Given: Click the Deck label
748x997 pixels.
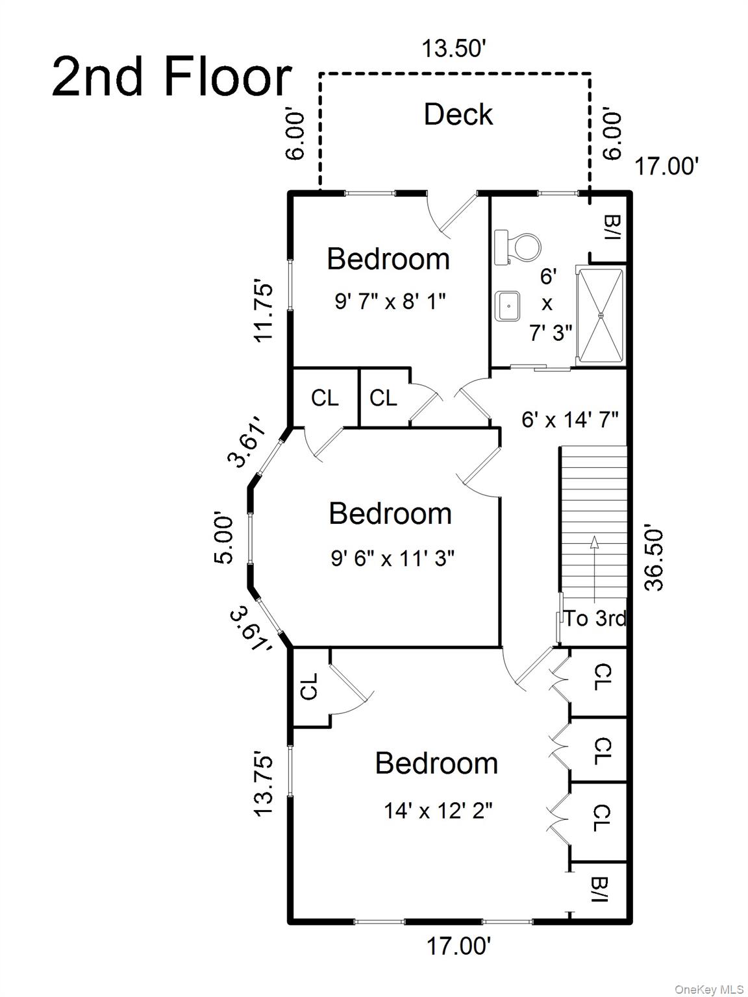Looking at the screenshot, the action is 458,114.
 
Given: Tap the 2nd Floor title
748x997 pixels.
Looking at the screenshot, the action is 171,77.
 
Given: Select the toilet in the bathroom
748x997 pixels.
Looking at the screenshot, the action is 517,247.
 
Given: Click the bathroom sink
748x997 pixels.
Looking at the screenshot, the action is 508,306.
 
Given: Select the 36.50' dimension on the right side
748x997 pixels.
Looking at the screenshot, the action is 654,559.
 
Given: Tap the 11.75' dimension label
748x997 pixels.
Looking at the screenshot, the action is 264,312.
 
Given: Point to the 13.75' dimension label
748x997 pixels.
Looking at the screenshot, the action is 264,786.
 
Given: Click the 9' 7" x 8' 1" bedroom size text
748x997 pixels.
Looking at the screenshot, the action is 390,301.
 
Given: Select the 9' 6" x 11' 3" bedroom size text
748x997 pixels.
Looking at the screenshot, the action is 392,558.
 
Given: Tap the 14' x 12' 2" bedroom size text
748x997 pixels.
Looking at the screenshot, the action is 438,810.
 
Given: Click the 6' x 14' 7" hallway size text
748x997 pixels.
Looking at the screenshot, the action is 569,420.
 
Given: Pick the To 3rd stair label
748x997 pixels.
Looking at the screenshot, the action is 595,619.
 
